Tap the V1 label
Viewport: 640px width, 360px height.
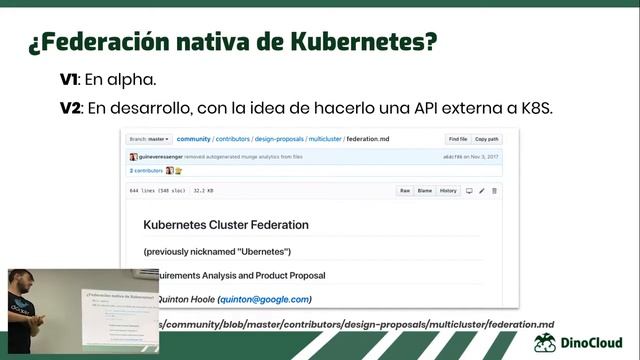(71, 79)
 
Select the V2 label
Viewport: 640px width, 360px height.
(72, 107)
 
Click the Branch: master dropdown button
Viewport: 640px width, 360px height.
(151, 139)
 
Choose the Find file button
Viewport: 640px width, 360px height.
(458, 139)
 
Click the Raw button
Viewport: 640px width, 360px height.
(405, 190)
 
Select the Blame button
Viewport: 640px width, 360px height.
(424, 190)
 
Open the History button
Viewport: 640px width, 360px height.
(448, 190)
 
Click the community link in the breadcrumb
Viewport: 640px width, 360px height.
(193, 139)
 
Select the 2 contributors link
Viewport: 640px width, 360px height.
(146, 170)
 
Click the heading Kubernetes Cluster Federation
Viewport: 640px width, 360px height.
(226, 225)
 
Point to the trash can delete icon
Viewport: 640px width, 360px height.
(494, 190)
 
